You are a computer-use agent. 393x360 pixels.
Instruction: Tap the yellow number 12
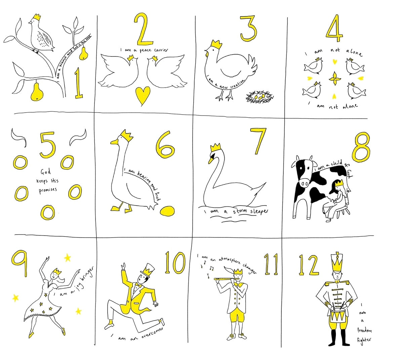click(x=309, y=265)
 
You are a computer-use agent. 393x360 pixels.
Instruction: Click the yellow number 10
click(x=175, y=263)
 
